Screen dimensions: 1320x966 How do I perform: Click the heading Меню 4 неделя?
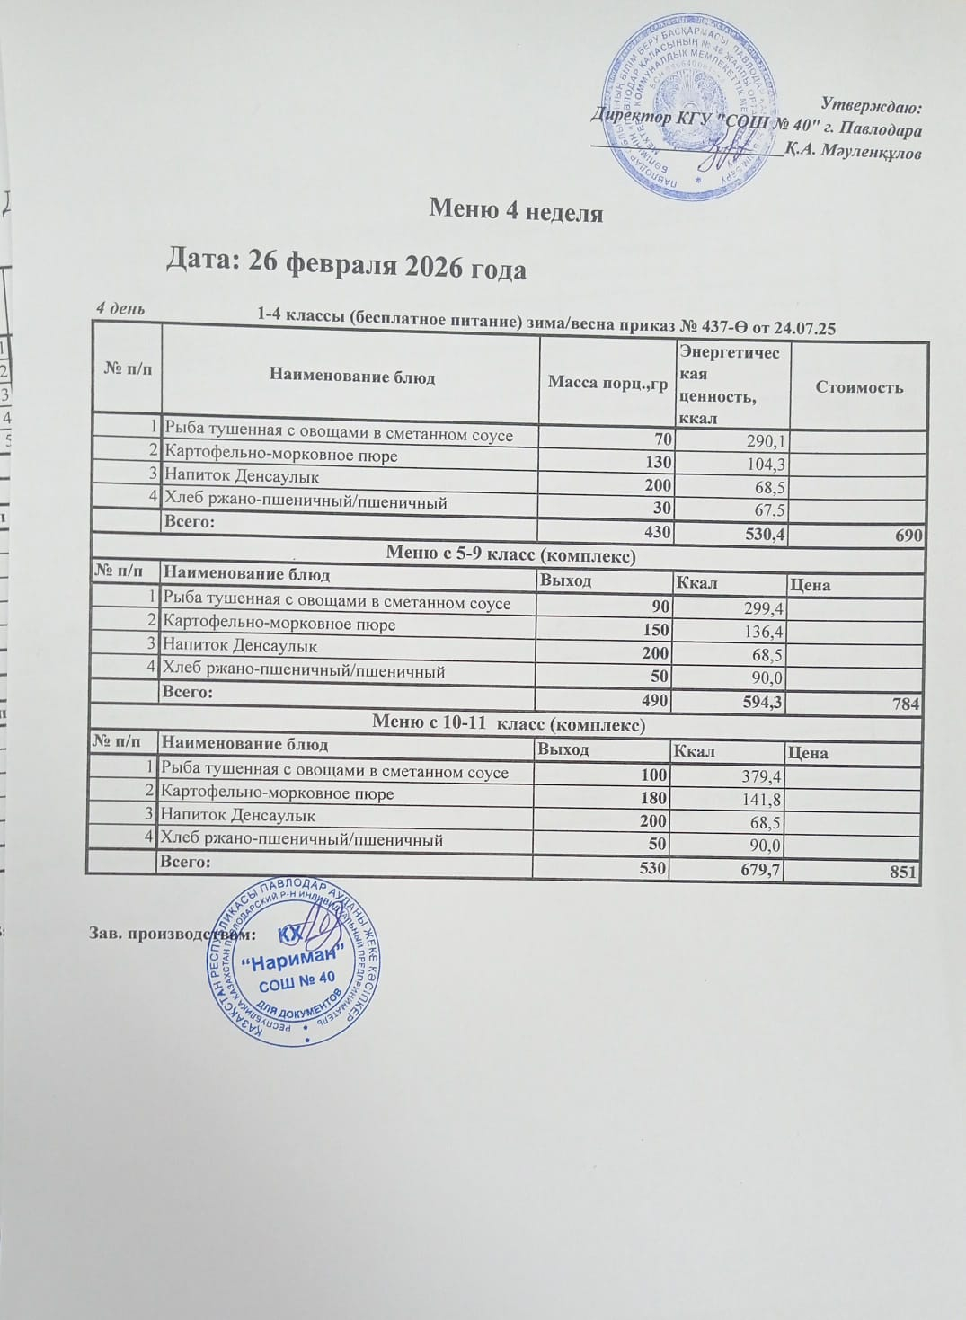click(x=516, y=212)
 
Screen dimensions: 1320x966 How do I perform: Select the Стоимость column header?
click(x=858, y=387)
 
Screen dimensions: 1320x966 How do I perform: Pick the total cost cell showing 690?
click(x=908, y=535)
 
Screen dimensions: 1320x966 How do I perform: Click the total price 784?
click(x=906, y=704)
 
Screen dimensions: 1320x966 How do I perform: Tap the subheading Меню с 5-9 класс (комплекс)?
click(x=510, y=556)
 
